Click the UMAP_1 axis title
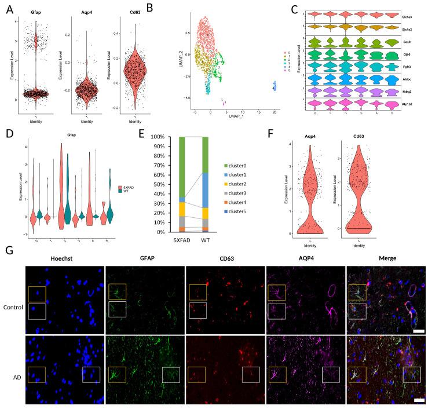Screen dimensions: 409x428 (x=234, y=116)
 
